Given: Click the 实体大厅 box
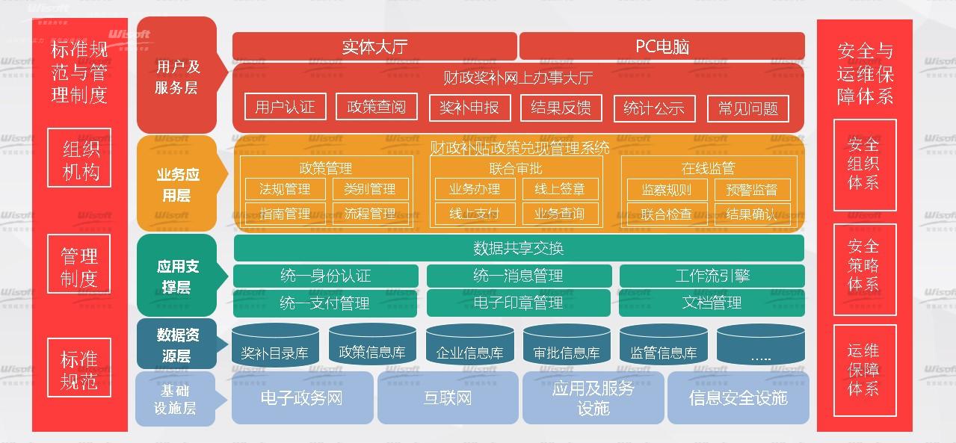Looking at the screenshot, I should [x=374, y=46].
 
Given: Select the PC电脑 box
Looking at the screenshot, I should [x=662, y=46].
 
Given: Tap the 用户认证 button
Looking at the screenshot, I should [x=285, y=107].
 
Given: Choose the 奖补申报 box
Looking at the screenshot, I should [x=469, y=108].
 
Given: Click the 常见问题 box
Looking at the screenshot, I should [x=748, y=108].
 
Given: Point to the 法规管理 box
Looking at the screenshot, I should [x=285, y=189].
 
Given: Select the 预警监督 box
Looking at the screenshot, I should [x=751, y=190].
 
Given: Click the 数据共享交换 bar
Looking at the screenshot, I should [x=519, y=248].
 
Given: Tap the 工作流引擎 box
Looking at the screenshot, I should [x=712, y=276].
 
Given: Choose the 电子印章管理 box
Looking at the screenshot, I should [x=519, y=303].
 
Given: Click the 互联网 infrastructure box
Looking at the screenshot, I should [x=447, y=397].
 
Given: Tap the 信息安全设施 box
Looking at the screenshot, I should [x=738, y=397].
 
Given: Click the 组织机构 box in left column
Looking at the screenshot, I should [x=79, y=159].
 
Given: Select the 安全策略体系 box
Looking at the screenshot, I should [x=864, y=265].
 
